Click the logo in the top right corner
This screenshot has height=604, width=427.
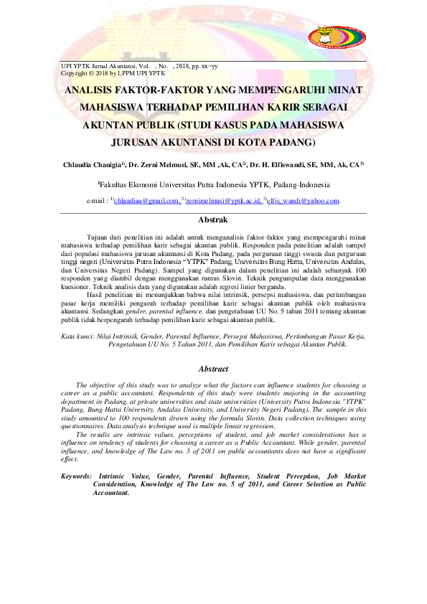pos(336,36)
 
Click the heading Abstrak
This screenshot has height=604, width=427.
pos(213,220)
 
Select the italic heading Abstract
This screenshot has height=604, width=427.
pos(213,369)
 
